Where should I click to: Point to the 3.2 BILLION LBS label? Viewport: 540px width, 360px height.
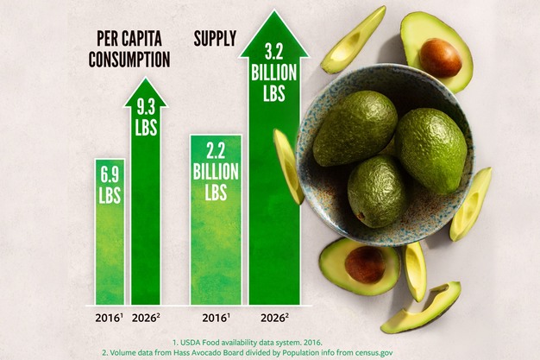274,73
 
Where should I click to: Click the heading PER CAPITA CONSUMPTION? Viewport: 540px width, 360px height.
129,49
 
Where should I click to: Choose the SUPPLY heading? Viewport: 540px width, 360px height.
215,39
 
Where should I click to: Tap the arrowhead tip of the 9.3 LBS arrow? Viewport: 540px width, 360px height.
146,83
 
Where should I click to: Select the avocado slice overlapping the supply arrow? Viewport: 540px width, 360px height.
288,166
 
